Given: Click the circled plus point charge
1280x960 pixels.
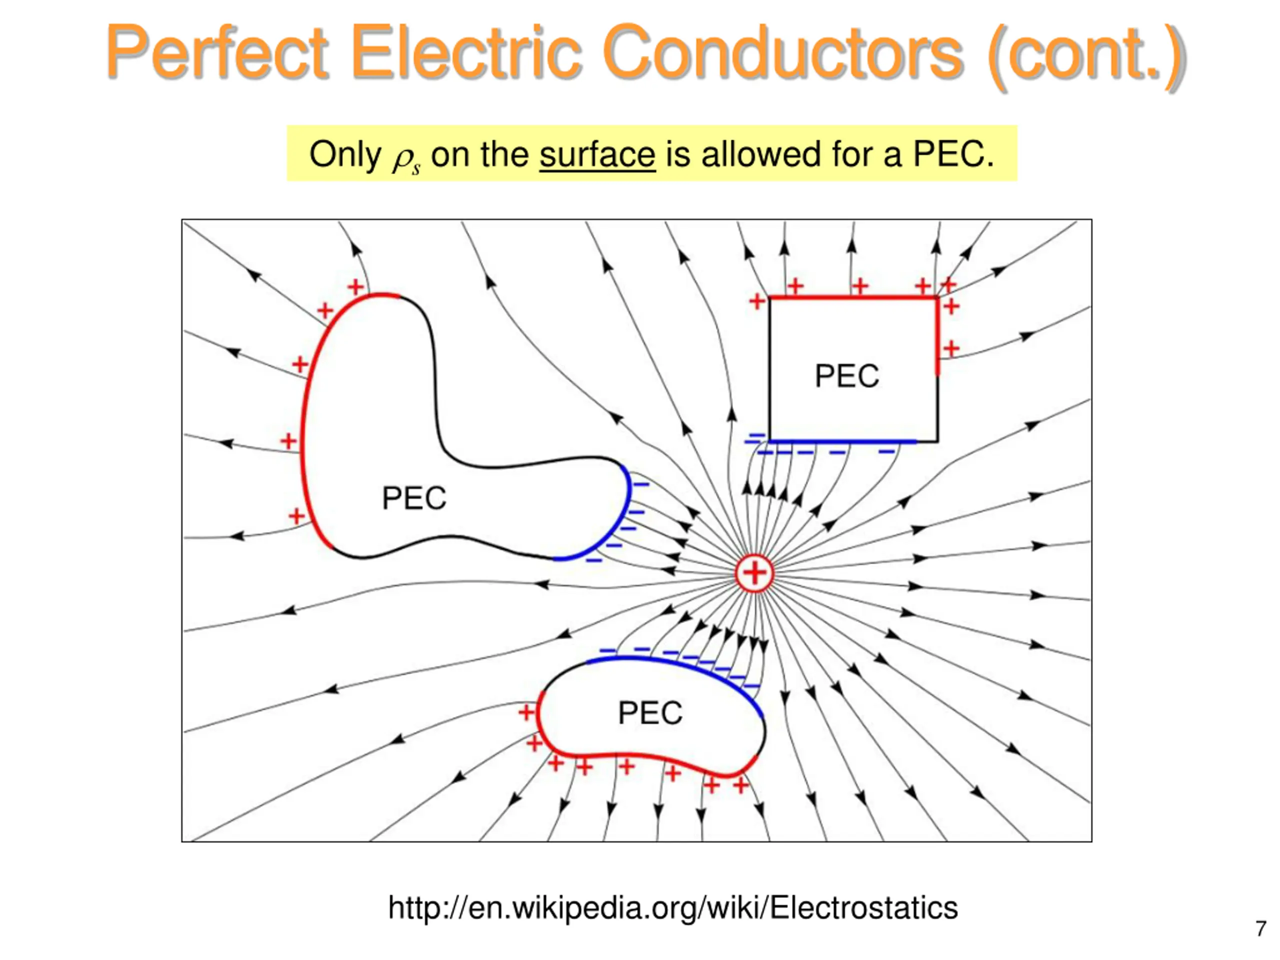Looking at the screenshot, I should pyautogui.click(x=754, y=573).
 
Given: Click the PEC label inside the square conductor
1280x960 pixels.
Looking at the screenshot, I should pyautogui.click(x=846, y=376).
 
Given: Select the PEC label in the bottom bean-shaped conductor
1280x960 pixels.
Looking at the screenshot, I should pyautogui.click(x=650, y=712).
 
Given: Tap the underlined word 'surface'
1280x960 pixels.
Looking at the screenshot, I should pyautogui.click(x=597, y=154).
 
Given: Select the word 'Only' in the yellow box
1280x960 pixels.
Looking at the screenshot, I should pyautogui.click(x=345, y=154).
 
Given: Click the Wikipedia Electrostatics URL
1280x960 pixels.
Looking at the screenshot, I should pyautogui.click(x=672, y=907).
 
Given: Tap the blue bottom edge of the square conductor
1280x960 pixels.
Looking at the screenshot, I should pyautogui.click(x=842, y=441).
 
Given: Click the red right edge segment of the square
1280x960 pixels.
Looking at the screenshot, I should pyautogui.click(x=937, y=335).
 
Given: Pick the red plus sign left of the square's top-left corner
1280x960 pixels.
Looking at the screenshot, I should pyautogui.click(x=757, y=301).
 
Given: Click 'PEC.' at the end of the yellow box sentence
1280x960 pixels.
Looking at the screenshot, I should pyautogui.click(x=953, y=154).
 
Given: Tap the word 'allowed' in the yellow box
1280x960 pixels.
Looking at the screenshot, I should pyautogui.click(x=761, y=154).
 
